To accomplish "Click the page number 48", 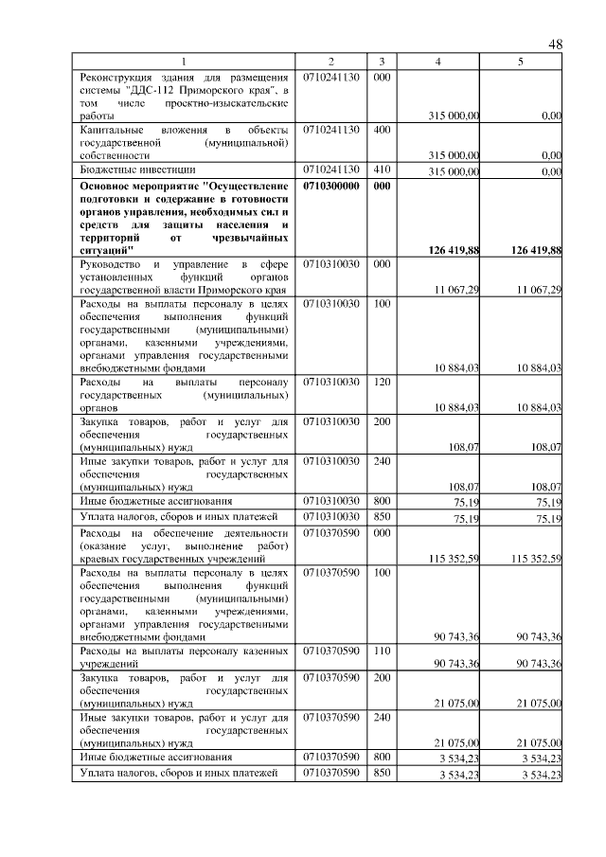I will [556, 45].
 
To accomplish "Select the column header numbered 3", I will [381, 62].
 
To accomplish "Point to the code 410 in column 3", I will [381, 170].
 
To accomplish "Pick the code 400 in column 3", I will [381, 128].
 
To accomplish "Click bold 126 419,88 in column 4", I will [449, 250].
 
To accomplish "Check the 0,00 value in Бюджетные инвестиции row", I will [548, 171].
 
